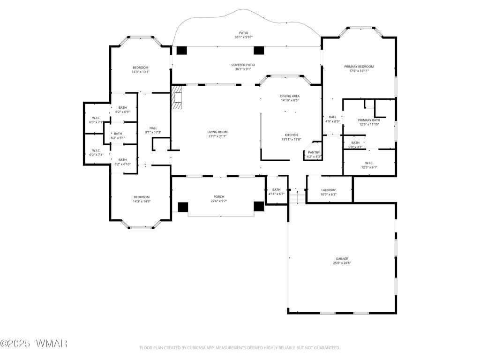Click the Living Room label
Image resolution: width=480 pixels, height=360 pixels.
217,132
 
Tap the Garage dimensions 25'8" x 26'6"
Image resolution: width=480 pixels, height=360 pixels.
342,263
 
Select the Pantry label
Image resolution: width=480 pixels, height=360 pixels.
314,152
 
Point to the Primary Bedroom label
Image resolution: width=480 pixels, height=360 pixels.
359,67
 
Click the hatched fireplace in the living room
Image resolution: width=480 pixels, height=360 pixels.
176,97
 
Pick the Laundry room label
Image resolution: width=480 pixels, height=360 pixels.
329,190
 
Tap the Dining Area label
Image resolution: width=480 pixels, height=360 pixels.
290,96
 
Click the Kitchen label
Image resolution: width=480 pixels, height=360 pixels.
291,135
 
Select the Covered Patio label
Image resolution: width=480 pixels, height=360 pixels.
243,65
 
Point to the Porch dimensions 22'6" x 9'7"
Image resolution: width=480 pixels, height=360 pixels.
219,201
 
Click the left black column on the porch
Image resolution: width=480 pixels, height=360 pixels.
183,207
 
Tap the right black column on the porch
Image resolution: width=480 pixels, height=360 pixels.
259,206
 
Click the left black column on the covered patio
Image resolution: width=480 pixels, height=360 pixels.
181,51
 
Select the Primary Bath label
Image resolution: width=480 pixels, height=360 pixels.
369,120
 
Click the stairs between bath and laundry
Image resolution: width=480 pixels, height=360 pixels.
297,196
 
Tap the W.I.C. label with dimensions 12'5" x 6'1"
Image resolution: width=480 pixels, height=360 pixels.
369,163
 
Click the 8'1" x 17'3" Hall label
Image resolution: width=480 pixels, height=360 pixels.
153,128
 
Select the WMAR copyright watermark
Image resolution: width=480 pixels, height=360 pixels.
34,344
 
